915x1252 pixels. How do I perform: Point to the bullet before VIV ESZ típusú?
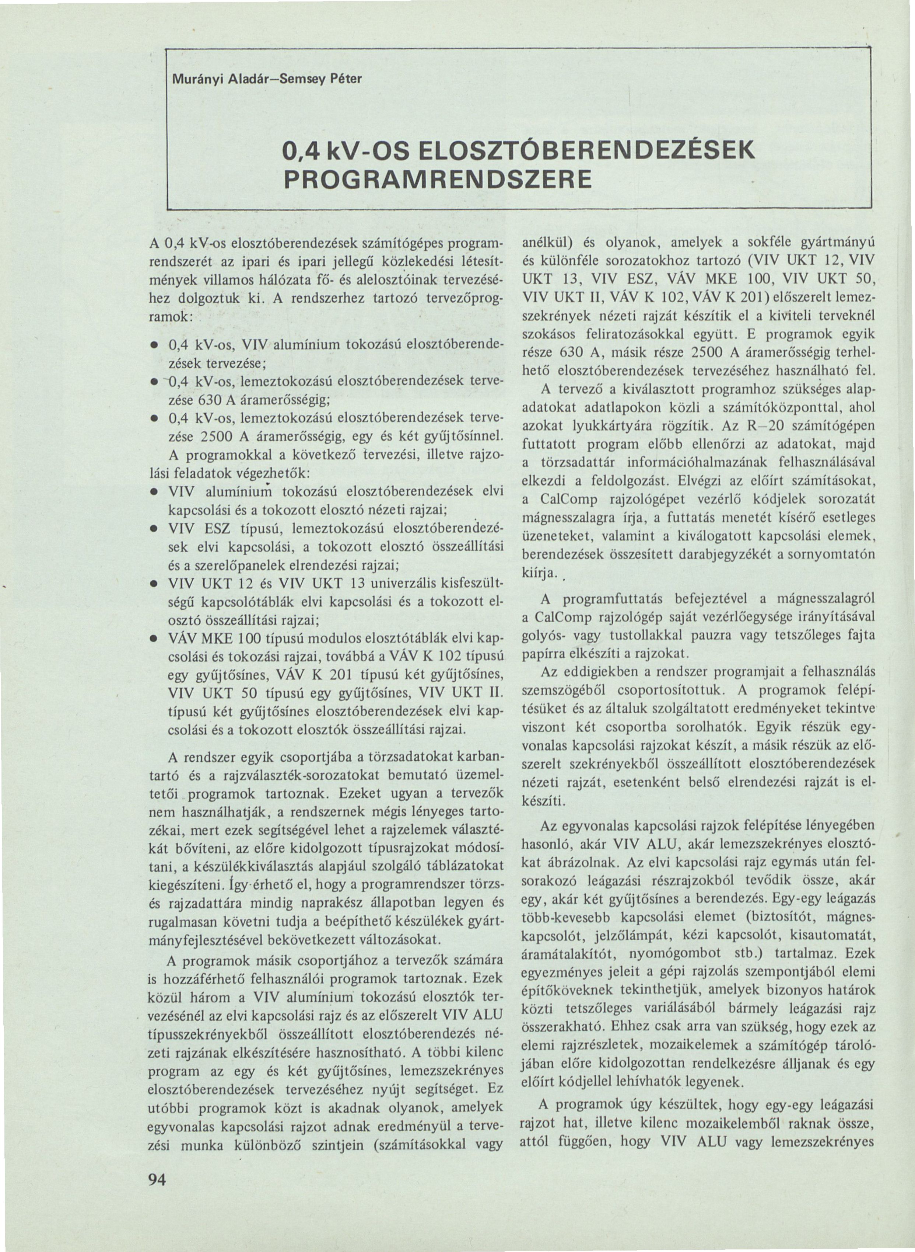coord(153,529)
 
